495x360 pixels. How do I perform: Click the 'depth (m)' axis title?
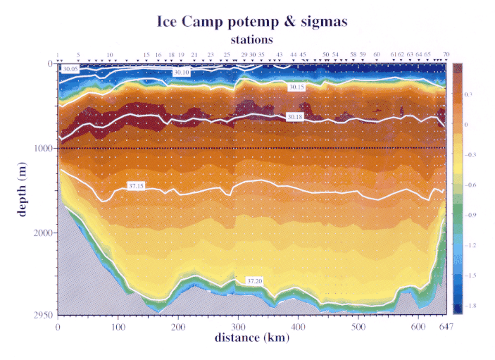click(23, 188)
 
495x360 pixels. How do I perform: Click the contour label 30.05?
click(70, 70)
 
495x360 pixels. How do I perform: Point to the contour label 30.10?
click(181, 73)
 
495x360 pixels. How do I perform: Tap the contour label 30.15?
click(296, 87)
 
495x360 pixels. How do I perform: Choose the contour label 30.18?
click(296, 116)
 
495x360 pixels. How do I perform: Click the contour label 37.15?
click(136, 185)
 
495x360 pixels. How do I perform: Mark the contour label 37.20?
click(254, 281)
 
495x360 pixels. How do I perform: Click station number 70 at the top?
click(446, 54)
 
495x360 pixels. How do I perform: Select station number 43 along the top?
click(280, 54)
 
